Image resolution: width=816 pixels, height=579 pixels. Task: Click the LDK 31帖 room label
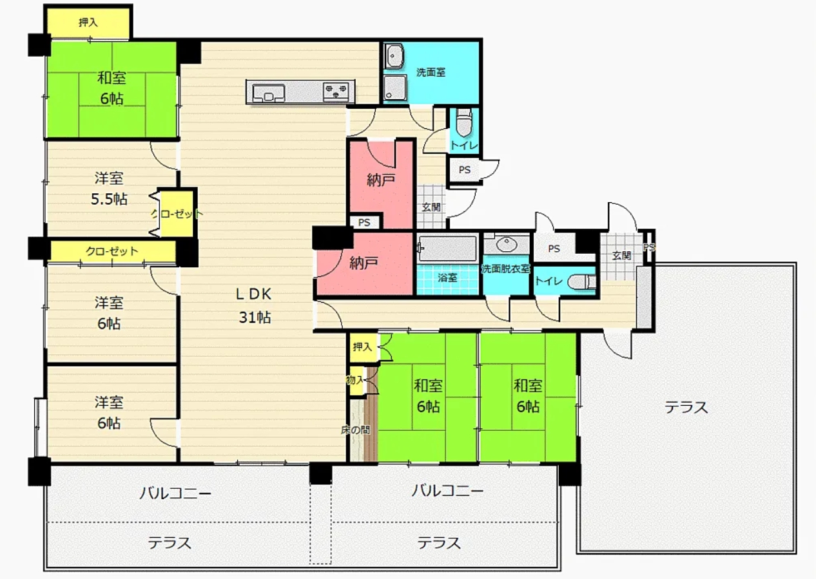click(254, 306)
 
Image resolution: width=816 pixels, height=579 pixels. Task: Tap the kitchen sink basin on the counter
click(269, 93)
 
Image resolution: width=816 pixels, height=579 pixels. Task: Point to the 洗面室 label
click(431, 72)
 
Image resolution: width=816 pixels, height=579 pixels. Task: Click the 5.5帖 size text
click(109, 200)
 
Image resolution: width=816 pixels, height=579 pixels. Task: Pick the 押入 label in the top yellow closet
click(88, 23)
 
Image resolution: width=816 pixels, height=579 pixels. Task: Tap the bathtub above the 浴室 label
click(448, 249)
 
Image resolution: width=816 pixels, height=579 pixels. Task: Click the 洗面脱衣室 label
click(505, 269)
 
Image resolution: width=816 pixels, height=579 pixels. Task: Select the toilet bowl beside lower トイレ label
click(582, 281)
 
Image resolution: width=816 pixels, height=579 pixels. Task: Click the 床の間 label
click(355, 430)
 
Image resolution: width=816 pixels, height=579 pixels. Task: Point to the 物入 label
click(355, 380)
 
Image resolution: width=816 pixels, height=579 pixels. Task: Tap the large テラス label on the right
click(686, 407)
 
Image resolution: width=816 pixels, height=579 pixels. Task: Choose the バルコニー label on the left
click(175, 493)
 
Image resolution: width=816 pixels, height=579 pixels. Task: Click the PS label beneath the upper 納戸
click(364, 223)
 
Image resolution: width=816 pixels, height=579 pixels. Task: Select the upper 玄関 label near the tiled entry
click(431, 207)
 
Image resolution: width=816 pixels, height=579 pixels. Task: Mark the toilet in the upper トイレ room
click(463, 124)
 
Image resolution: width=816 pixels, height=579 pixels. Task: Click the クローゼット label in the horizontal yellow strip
click(112, 251)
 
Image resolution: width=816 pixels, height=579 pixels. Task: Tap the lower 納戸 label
click(364, 263)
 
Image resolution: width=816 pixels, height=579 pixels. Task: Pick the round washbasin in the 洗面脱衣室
click(507, 245)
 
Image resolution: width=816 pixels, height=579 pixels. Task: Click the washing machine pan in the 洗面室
click(395, 88)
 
